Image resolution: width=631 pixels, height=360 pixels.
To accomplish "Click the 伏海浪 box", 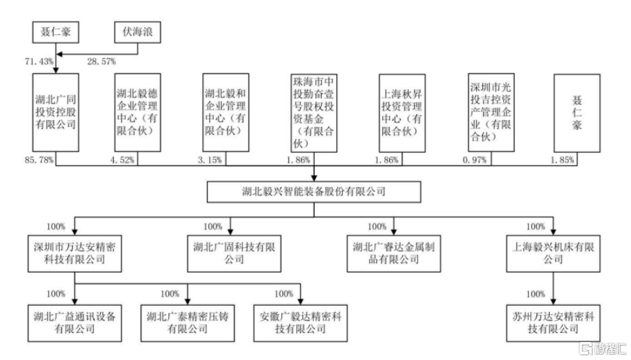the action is point(138,32).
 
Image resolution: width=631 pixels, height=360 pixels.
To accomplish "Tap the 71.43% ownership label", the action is point(39,62).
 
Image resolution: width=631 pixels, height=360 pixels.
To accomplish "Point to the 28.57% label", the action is point(101,62).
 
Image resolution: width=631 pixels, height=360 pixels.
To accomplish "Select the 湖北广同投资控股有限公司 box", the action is point(56,112).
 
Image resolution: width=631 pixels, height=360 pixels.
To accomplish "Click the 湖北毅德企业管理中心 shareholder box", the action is point(138,112).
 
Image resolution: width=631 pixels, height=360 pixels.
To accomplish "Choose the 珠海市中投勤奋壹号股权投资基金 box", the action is point(314,113).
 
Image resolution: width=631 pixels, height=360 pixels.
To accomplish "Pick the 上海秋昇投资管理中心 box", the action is point(402,113).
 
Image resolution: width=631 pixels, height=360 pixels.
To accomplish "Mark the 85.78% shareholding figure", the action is point(39,160).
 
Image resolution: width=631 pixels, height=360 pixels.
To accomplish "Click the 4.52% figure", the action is point(122,160).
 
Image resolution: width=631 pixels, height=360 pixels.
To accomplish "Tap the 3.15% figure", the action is point(210,160).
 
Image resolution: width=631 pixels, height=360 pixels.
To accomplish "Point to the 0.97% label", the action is point(475,160).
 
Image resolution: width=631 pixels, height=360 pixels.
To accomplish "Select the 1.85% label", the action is point(562,160).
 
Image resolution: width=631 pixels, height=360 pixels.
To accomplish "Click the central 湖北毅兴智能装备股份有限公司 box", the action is point(314,192).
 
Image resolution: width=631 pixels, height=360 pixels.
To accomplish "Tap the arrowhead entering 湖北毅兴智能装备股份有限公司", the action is point(314,178).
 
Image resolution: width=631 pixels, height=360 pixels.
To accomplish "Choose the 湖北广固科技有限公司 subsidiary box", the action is point(234,254).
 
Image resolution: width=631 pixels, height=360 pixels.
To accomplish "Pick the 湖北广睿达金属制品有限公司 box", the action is point(393,254).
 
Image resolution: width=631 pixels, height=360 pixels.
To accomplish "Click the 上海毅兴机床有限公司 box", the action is point(553,254).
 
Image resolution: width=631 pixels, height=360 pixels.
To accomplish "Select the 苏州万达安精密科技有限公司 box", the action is point(553,323).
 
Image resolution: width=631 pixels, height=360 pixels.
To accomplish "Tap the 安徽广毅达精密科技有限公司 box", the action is point(300,323).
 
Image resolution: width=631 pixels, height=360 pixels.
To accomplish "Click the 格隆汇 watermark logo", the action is point(603,348).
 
